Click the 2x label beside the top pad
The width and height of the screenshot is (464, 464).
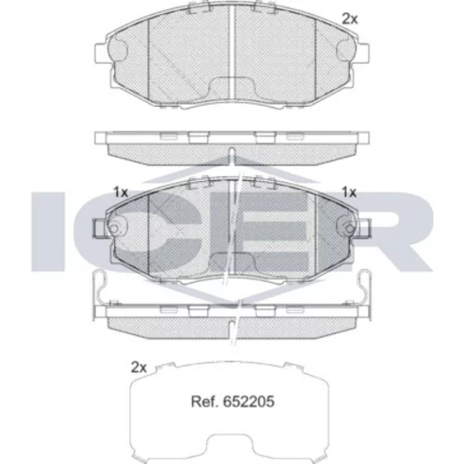(350, 19)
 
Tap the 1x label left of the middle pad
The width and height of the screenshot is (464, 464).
(121, 192)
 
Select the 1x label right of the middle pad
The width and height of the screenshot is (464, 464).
(349, 192)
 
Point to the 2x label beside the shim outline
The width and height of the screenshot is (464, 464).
(138, 367)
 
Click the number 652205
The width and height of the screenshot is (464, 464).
(249, 402)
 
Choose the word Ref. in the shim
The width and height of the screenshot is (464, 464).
(205, 402)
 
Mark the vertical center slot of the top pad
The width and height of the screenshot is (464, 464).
(231, 51)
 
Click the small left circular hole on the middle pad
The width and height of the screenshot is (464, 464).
(114, 228)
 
